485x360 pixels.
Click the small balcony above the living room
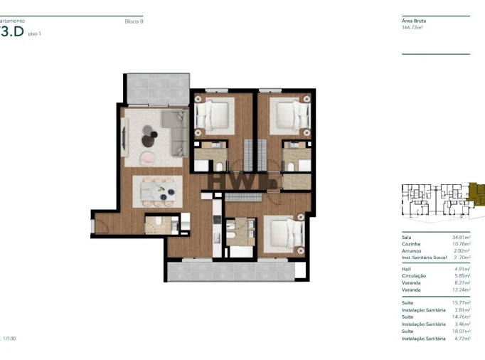point(157,88)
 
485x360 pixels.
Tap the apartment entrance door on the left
point(93,226)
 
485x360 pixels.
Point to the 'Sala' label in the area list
point(407,238)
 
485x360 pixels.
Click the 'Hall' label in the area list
point(406,269)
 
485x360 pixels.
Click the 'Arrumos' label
point(411,250)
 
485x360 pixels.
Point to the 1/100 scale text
point(9,339)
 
